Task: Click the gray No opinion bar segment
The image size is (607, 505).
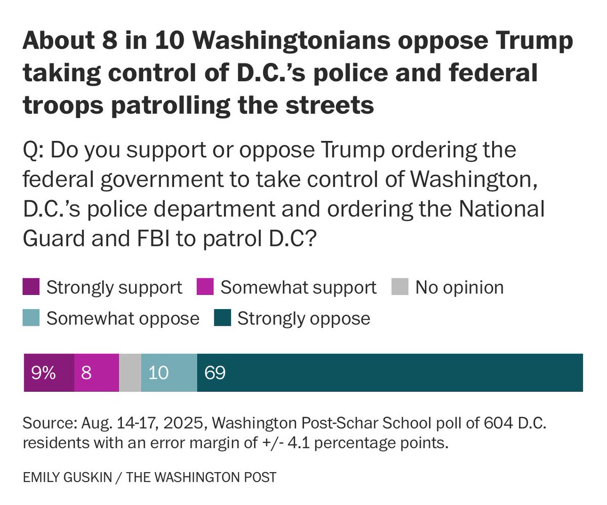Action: [x=130, y=373]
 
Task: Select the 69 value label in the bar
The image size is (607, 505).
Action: [x=214, y=373]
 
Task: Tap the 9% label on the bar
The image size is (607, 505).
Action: [x=43, y=373]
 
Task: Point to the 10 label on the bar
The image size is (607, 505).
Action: [x=158, y=373]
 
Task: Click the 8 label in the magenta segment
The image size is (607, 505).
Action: [x=86, y=373]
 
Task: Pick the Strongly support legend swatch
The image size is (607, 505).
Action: [x=31, y=288]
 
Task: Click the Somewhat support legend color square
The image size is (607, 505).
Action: [x=205, y=288]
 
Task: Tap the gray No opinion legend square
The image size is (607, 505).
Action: [x=400, y=288]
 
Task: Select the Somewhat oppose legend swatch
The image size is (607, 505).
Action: [x=31, y=319]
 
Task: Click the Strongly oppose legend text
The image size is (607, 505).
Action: [x=303, y=319]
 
